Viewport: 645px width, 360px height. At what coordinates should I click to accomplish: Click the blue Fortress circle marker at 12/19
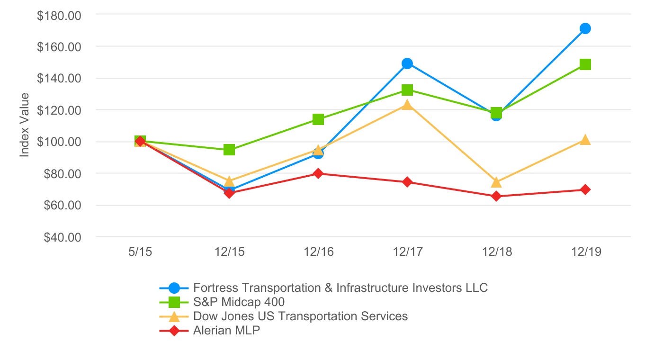click(585, 28)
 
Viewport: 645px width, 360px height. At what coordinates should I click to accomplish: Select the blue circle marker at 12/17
click(407, 63)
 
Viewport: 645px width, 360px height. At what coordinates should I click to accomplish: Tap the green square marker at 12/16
click(318, 119)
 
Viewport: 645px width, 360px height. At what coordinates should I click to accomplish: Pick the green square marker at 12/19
click(585, 64)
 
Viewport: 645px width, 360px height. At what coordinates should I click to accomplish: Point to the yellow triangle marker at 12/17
click(407, 105)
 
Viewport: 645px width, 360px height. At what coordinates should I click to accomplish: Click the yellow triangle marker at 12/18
click(496, 182)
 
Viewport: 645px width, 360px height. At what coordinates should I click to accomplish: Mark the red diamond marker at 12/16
click(318, 173)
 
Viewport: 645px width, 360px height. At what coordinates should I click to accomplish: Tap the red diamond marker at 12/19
click(585, 189)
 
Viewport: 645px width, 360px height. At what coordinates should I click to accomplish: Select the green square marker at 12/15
click(229, 150)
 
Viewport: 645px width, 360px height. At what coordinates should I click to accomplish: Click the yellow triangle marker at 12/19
click(585, 140)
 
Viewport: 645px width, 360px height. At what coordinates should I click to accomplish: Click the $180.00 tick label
click(59, 15)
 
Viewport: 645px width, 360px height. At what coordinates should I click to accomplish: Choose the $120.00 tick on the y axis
click(59, 110)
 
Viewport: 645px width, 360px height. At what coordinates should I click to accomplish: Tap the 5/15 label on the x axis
click(140, 252)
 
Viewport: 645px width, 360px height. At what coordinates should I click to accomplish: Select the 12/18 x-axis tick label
click(496, 252)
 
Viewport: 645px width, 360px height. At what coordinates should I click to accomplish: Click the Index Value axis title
click(25, 125)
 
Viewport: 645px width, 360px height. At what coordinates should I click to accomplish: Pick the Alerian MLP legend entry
click(226, 331)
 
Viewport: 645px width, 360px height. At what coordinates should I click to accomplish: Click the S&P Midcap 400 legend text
click(239, 302)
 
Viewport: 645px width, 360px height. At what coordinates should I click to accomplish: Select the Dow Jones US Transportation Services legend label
click(300, 316)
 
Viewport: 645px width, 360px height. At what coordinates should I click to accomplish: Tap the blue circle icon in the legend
click(174, 288)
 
